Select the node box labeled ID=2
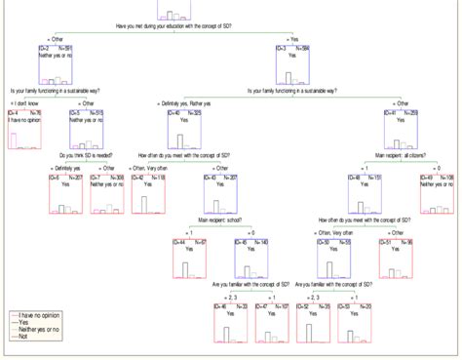[56, 64]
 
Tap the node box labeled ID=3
[292, 64]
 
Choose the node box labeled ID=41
[401, 130]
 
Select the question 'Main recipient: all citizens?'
[401, 155]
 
